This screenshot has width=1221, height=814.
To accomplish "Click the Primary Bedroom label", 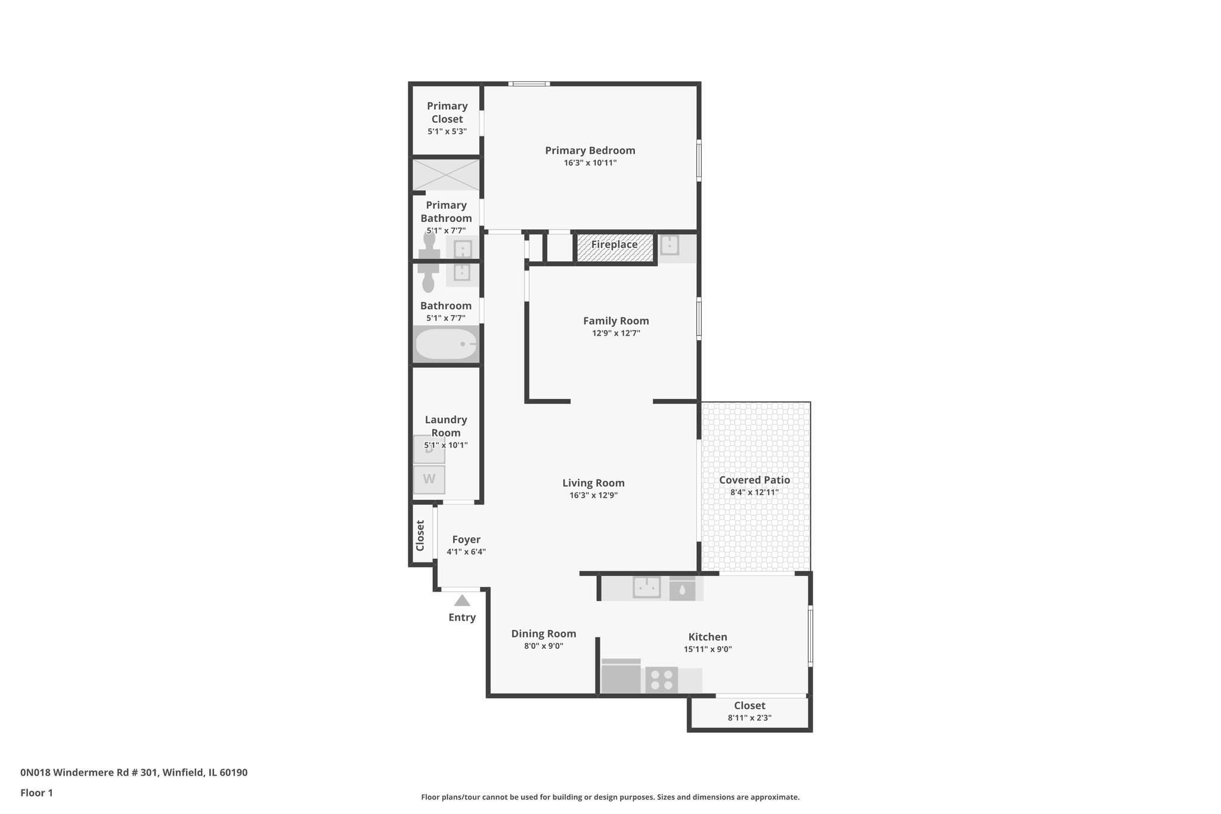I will point(590,150).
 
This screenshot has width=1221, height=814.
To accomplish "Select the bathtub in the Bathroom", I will point(445,344).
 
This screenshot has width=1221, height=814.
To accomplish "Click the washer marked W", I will point(429,479).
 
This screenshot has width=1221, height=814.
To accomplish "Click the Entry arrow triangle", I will point(462,601).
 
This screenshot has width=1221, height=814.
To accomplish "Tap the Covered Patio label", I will point(754,480).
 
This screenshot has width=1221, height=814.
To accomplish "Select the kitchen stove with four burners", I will point(662,680).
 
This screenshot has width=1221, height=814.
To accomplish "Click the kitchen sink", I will point(646,587).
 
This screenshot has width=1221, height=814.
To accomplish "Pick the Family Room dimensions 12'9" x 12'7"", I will point(616,333).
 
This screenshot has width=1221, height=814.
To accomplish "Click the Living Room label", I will point(593,483).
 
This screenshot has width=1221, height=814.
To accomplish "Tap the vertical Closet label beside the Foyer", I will point(420,536).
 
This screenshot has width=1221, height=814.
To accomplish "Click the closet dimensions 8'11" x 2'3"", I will point(749,718).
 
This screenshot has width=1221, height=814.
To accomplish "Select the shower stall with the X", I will point(446,175).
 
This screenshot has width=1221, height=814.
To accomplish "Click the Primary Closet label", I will point(447,112).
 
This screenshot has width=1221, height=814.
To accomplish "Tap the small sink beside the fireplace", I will point(670,246).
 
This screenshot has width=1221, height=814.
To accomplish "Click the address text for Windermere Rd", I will point(134,773).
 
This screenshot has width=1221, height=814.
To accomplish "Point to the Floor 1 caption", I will point(36,793).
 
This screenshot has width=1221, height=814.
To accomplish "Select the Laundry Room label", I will point(446,426).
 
